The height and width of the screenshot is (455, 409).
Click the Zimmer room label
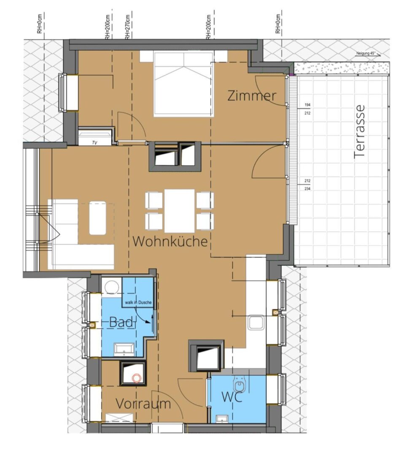pos(252,96)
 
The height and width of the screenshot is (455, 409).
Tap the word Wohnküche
pos(170,241)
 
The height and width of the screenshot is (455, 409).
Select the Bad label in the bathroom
pos(121,322)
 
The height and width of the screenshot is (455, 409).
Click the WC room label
pos(232,397)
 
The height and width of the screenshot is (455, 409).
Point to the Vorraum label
pos(143,404)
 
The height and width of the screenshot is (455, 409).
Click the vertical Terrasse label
pos(359,132)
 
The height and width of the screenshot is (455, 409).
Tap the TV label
pos(94,142)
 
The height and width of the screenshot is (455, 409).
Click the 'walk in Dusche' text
pos(138,302)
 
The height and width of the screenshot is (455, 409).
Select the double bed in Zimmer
pos(183,84)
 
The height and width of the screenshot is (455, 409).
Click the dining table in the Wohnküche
pos(180,211)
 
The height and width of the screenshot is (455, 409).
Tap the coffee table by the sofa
pos(97,218)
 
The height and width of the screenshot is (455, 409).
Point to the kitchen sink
pos(256,322)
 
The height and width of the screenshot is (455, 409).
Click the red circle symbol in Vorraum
pos(136,378)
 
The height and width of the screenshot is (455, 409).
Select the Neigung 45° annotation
pos(366,54)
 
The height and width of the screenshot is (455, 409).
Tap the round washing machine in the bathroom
pos(112,288)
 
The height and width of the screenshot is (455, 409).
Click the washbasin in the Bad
pos(124,349)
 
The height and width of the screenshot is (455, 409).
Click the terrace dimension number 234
pos(307,189)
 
